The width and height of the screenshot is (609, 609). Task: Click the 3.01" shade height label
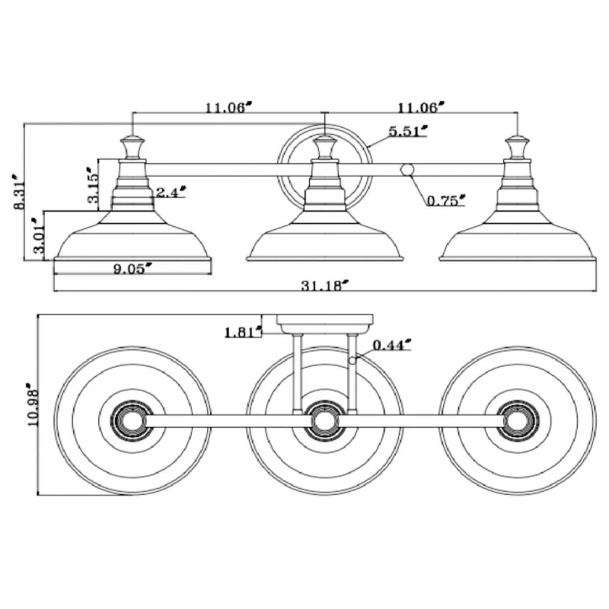(39, 235)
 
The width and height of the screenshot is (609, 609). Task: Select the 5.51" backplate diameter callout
(408, 131)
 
